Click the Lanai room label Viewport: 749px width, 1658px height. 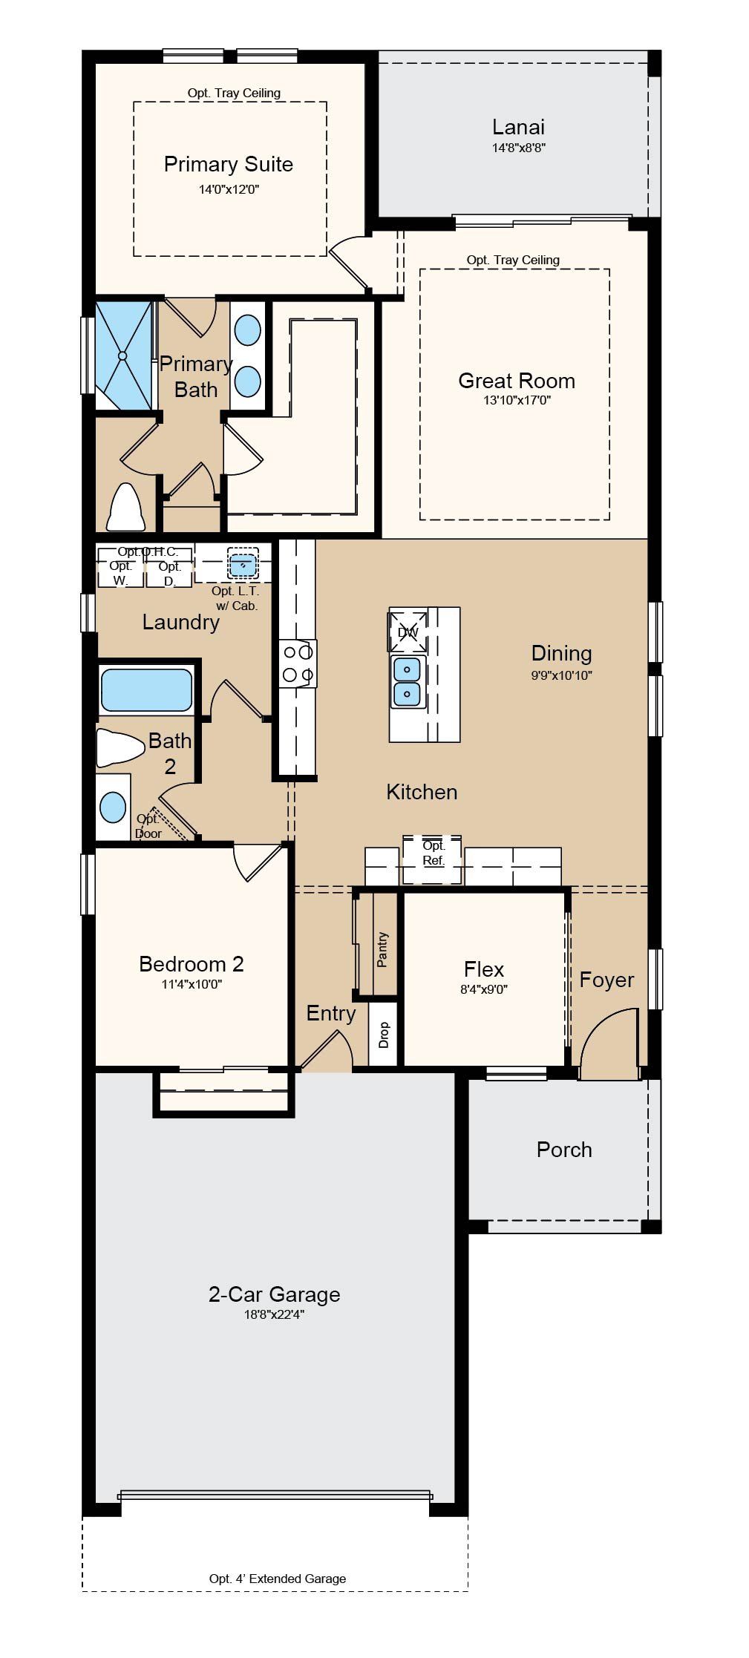coord(518,127)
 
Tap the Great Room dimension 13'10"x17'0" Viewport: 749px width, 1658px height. coord(517,401)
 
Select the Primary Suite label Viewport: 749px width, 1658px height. coord(229,164)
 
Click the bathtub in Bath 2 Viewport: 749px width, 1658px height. coord(146,690)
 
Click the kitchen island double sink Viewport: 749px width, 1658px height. coord(408,681)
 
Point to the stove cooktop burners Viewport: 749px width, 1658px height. coord(298,663)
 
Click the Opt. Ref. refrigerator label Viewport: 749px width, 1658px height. coord(434,853)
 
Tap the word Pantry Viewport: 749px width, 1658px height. coord(382,950)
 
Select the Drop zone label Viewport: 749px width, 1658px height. coord(384,1035)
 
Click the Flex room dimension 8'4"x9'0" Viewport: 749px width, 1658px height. coord(484,989)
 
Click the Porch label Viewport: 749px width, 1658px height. coord(564,1150)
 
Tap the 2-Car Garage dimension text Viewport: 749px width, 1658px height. coord(274,1314)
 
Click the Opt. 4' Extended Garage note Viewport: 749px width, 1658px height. coord(278,1579)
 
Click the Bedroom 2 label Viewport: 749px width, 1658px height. coord(192,964)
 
